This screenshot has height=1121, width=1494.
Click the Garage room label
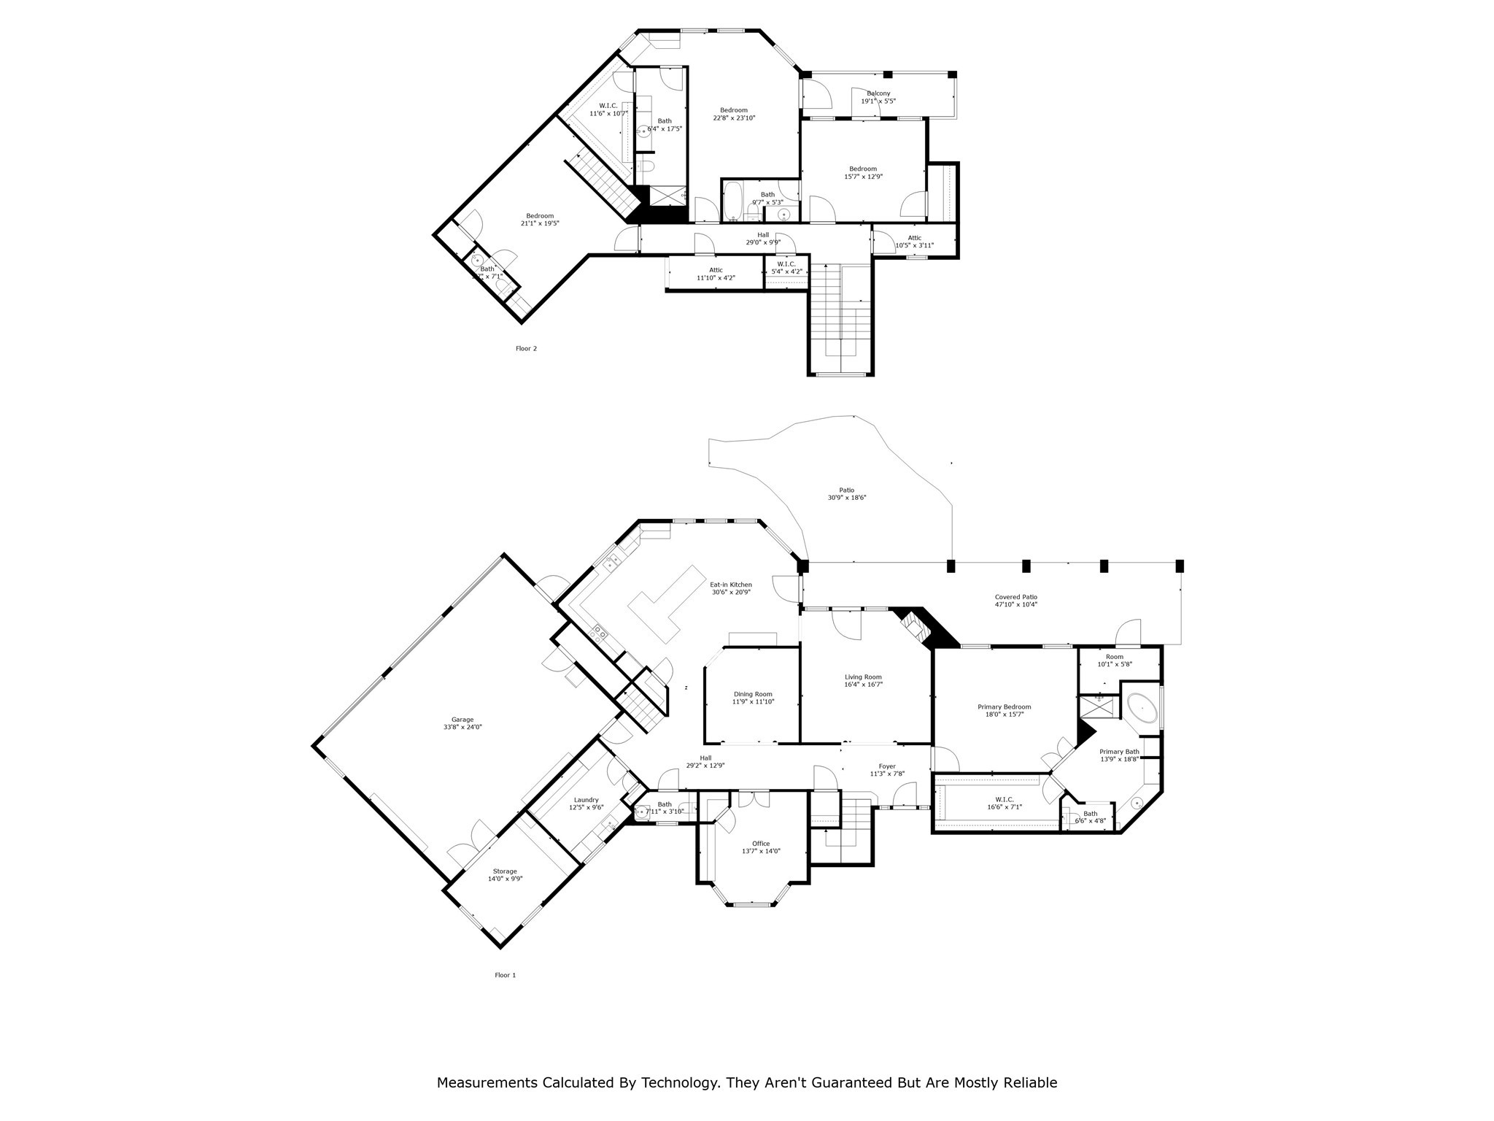[462, 720]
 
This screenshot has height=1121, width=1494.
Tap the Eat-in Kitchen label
[730, 585]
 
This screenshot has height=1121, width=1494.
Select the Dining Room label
[753, 694]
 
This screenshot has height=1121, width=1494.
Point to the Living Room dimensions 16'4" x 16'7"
[863, 685]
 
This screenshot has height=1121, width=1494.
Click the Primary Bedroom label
[1004, 706]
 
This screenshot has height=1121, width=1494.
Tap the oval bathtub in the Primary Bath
[1142, 708]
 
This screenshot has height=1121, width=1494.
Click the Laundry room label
[586, 800]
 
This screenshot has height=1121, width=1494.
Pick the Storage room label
[505, 871]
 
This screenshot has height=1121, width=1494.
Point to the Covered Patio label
[1015, 597]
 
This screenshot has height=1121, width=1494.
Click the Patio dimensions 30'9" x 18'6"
[846, 498]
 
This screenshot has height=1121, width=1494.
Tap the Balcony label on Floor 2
[878, 93]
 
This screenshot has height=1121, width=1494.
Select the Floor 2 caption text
[526, 349]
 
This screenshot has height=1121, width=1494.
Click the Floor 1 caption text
[505, 975]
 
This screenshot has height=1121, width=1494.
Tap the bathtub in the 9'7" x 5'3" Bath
[732, 202]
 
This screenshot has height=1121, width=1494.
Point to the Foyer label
[886, 766]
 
